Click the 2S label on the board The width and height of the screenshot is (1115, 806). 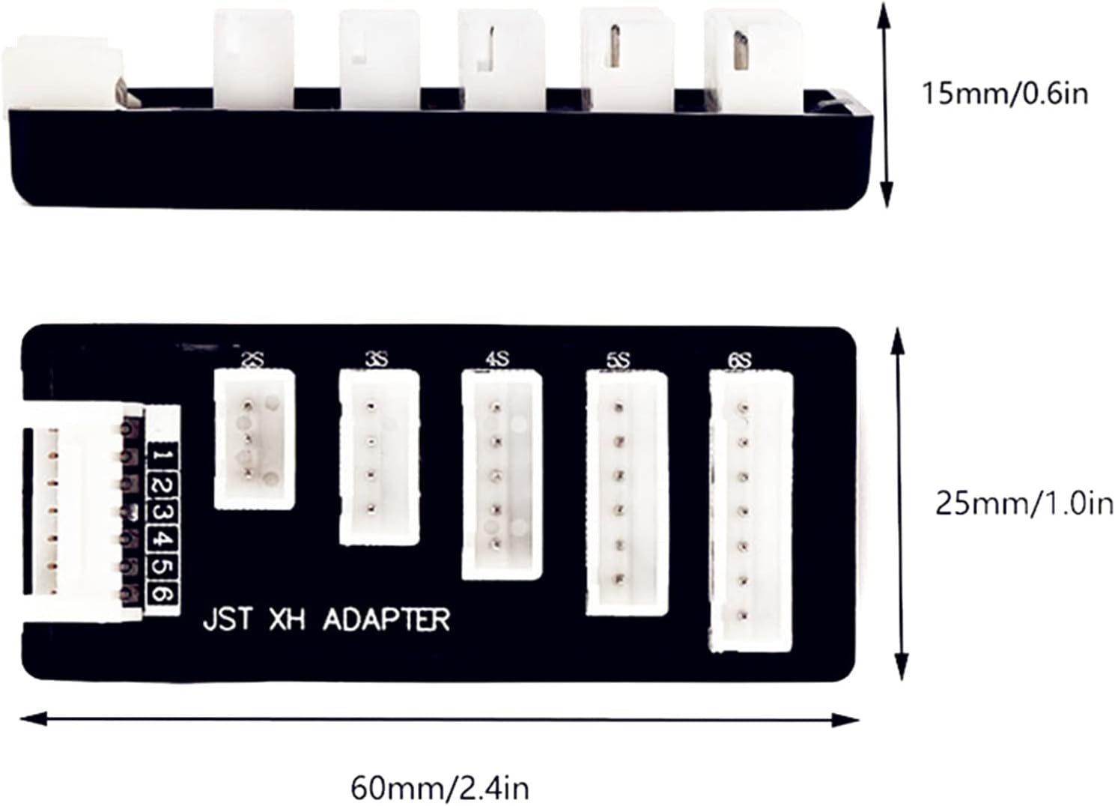point(252,362)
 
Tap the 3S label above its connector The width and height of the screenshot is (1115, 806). point(376,360)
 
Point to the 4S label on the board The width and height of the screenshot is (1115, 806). point(497,360)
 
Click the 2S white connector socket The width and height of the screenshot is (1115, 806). point(254,440)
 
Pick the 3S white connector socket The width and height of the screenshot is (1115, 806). point(378,457)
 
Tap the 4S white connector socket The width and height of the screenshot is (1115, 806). point(501,474)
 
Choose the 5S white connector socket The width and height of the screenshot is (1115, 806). point(626,493)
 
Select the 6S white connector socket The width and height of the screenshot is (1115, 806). point(750,511)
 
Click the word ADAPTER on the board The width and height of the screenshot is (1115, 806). point(386,620)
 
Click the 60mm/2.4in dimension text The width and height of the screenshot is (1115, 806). point(440,788)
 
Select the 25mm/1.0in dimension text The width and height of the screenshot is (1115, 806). point(1024,504)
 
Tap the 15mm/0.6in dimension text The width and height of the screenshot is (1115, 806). point(1004,94)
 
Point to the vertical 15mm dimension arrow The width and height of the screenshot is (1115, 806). point(886,105)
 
